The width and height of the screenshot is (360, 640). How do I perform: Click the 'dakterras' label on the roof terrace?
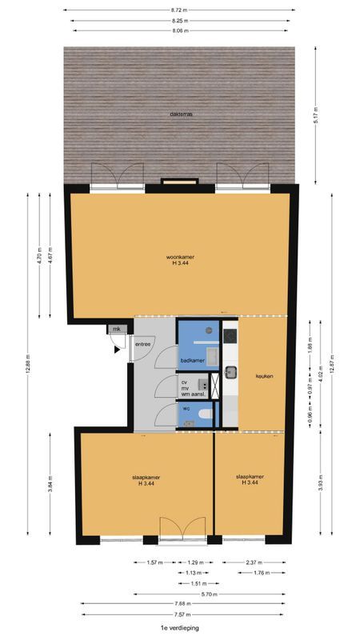(181, 114)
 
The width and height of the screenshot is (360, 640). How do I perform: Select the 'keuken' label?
(265, 376)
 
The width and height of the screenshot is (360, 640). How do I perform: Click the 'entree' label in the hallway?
(143, 344)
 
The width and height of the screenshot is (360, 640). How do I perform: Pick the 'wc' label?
(186, 408)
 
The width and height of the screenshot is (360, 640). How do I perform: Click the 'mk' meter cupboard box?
(117, 329)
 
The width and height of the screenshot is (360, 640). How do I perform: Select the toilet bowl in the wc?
(205, 414)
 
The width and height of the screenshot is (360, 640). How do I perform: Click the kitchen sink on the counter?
(230, 371)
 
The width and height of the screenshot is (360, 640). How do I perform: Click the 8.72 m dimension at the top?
(179, 10)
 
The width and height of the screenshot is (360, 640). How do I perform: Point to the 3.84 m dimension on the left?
(51, 484)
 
